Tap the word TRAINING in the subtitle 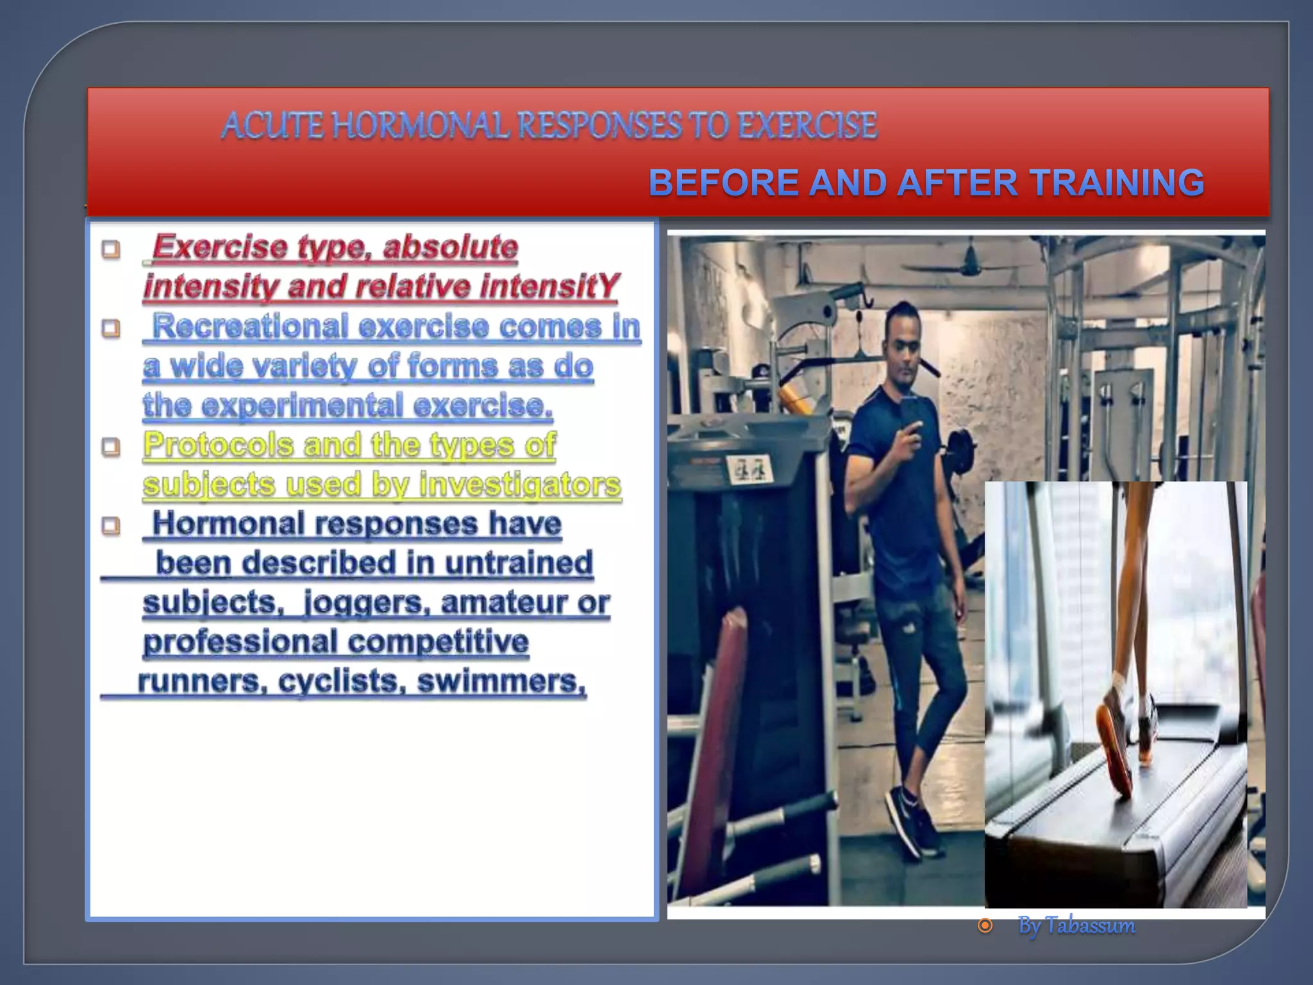[x=1118, y=183]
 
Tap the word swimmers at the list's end [x=501, y=681]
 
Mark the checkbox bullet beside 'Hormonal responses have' [x=111, y=526]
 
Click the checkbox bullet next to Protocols [x=111, y=446]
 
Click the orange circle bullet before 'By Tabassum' [x=985, y=925]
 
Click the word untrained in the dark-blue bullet [x=519, y=563]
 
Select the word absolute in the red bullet [x=450, y=247]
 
